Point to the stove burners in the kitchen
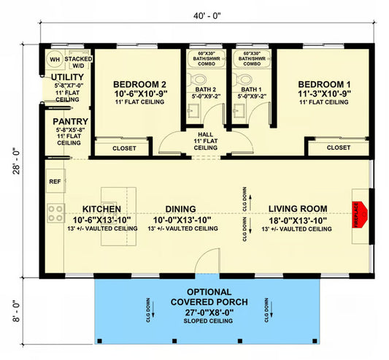point(55,213)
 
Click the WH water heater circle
point(54,59)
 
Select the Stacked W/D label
point(77,59)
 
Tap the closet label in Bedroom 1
point(338,148)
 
